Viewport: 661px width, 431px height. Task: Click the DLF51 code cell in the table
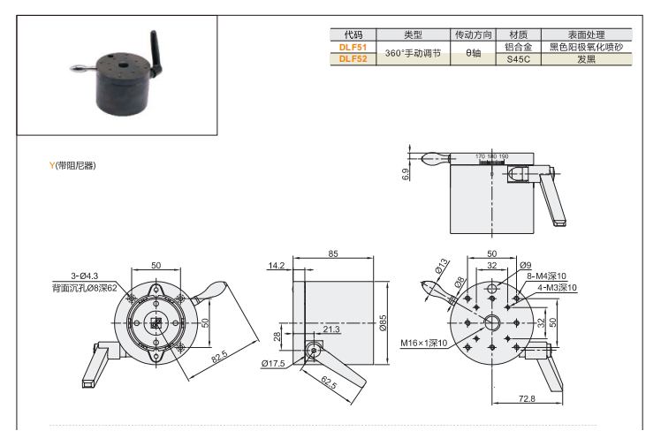(353, 47)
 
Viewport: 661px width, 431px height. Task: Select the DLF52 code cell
(353, 59)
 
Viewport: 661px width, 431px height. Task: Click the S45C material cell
(518, 59)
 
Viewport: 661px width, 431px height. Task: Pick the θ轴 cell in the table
(473, 53)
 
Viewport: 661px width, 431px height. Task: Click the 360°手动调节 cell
(413, 53)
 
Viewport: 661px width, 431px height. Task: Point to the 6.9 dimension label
(406, 174)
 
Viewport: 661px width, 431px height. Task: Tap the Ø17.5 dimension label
(276, 363)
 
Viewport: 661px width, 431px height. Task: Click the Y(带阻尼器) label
(73, 165)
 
